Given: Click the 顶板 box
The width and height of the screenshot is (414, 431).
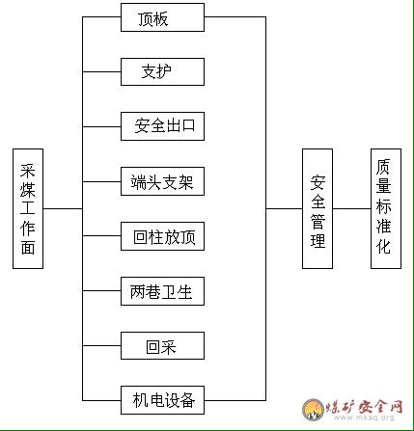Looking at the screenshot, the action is click(162, 17).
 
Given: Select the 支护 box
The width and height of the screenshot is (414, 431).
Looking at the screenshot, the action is click(162, 71).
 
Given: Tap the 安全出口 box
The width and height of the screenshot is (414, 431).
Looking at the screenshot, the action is click(162, 126).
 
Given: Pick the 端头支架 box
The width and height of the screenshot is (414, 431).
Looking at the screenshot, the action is click(162, 181).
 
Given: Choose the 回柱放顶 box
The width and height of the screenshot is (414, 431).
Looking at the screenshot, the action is click(162, 236).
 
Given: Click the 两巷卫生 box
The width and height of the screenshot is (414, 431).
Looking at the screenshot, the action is click(162, 291).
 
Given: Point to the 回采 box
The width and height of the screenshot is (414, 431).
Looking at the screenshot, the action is click(162, 346).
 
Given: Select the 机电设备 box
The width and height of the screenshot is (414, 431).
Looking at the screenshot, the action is click(162, 400).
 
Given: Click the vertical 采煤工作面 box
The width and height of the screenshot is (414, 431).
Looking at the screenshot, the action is click(28, 208).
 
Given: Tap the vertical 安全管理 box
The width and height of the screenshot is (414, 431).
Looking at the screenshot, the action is click(317, 208).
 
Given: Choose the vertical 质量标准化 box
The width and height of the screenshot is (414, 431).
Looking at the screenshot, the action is click(386, 208).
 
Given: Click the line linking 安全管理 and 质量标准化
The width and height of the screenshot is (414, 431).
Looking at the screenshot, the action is click(352, 208).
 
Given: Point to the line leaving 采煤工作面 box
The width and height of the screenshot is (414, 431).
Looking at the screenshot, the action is click(63, 208).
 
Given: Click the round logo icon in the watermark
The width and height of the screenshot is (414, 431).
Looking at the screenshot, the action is click(313, 409).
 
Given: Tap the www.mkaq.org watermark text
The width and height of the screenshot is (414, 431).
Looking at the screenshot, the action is click(364, 418).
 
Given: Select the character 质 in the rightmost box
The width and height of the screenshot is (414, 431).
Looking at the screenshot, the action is click(384, 167).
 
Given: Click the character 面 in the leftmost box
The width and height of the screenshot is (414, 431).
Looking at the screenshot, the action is click(28, 247).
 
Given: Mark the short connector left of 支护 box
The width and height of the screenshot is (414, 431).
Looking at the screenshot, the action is click(101, 71).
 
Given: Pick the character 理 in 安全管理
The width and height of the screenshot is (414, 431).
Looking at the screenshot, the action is click(317, 240).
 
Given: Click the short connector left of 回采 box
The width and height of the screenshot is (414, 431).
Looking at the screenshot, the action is click(101, 346).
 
